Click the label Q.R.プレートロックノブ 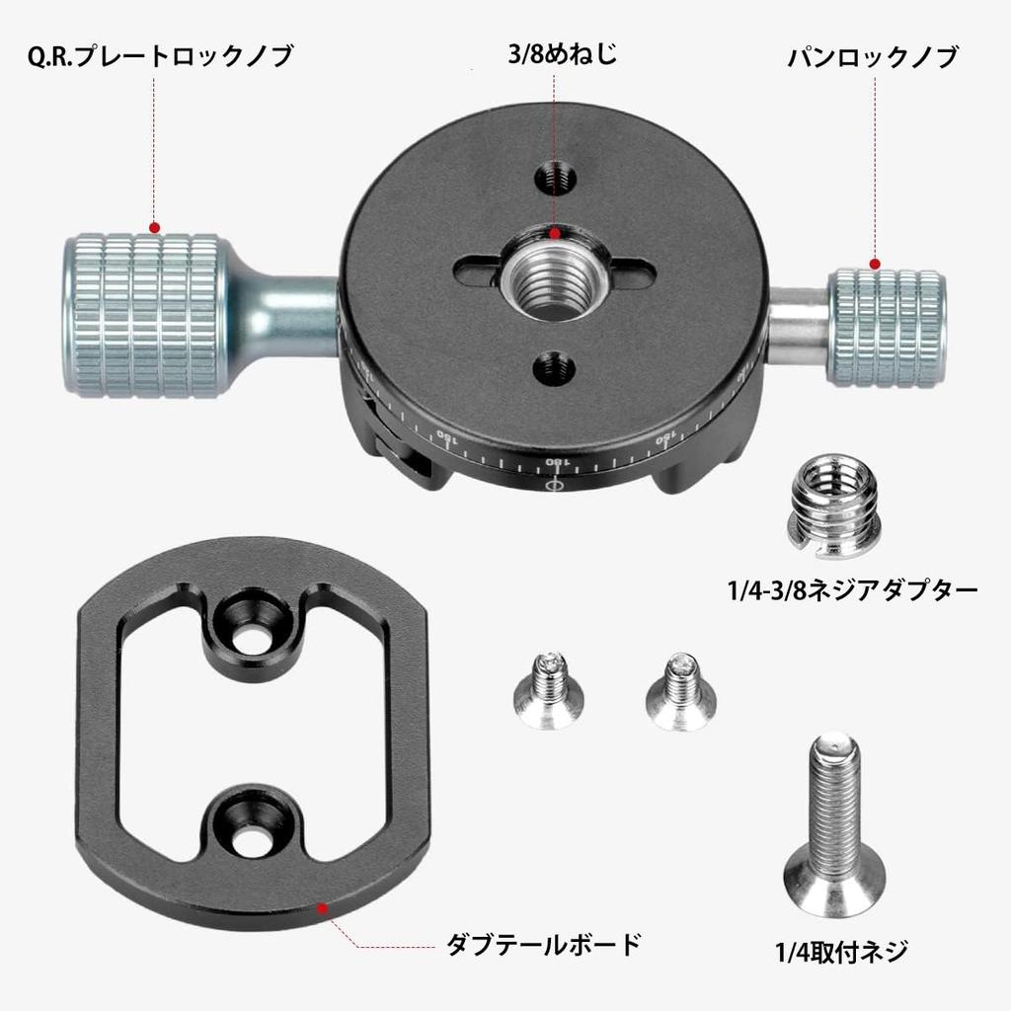click(160, 57)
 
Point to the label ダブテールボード click(544, 944)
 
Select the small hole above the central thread click(555, 179)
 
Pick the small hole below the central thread click(554, 369)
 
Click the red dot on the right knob click(874, 264)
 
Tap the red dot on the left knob click(155, 228)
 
